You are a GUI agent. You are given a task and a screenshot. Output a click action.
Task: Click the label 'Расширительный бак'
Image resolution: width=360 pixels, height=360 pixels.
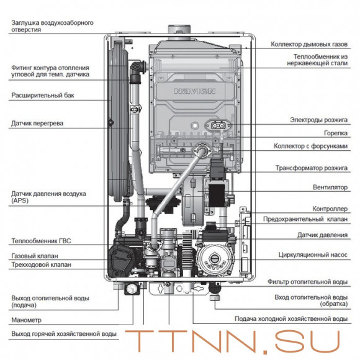tap(43, 96)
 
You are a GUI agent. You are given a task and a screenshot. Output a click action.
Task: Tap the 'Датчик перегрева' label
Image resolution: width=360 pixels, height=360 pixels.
tap(37, 124)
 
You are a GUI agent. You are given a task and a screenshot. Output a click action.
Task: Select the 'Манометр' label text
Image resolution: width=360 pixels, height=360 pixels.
tap(27, 320)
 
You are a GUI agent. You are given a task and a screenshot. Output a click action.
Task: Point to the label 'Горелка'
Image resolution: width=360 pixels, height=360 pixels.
tap(336, 133)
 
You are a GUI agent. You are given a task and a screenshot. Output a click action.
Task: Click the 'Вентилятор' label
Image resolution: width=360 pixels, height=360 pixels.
tap(330, 187)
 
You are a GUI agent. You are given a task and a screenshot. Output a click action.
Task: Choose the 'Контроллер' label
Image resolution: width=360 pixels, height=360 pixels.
tap(330, 209)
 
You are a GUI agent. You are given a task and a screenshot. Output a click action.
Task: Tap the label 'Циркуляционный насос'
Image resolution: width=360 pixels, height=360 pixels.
tap(313, 255)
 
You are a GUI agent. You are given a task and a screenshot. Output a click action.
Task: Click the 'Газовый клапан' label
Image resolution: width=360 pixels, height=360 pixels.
tap(35, 256)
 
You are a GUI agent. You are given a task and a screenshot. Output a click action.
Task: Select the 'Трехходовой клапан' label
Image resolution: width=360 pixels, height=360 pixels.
tap(42, 264)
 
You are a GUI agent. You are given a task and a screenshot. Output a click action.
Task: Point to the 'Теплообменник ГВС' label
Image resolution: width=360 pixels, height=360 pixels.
tap(41, 241)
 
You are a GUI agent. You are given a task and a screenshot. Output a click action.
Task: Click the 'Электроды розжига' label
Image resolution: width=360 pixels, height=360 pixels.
tap(318, 120)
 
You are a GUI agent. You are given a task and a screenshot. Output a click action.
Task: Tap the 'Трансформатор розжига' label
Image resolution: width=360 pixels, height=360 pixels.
tap(312, 168)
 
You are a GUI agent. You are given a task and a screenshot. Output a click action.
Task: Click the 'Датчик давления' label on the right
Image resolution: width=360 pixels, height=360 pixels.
tap(322, 235)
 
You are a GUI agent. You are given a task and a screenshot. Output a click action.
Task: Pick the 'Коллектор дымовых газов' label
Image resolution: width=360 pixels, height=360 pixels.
tap(309, 44)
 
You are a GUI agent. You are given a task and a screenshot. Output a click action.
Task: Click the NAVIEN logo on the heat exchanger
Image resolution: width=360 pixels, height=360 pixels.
tap(195, 91)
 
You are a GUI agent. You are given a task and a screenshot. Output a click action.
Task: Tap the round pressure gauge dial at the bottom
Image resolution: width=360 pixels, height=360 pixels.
tap(132, 289)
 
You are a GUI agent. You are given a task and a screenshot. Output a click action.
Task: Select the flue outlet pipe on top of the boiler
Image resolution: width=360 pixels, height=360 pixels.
tap(179, 32)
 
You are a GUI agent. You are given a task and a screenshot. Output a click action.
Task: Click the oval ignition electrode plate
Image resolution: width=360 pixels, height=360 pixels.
tap(217, 125)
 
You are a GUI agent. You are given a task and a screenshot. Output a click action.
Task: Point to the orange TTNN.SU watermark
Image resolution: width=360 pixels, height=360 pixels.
tap(232, 341)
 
